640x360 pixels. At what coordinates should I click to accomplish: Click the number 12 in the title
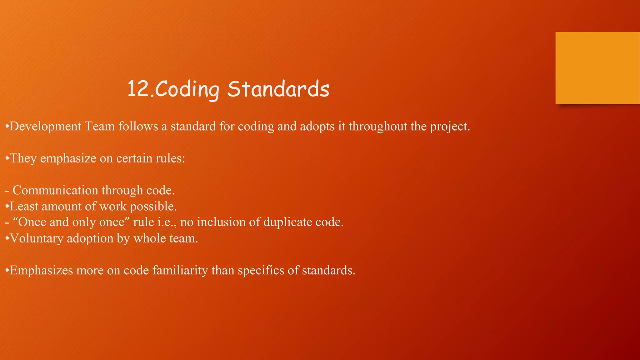(x=139, y=89)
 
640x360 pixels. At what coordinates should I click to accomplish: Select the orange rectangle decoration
(x=597, y=67)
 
